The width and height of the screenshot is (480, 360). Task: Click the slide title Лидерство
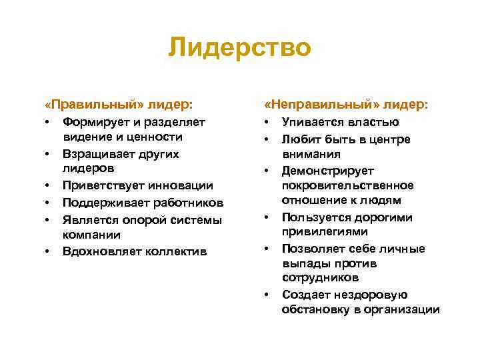[239, 49]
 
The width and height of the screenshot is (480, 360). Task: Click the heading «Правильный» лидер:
[119, 105]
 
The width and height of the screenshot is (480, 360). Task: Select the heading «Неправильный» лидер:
[346, 105]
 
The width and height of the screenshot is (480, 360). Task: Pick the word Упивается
[312, 122]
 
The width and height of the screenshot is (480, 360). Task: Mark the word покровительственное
[347, 185]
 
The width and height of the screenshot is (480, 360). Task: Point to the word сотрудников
[320, 277]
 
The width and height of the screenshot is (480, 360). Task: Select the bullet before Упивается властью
[266, 123]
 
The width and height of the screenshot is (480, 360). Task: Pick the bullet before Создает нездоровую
[266, 295]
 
